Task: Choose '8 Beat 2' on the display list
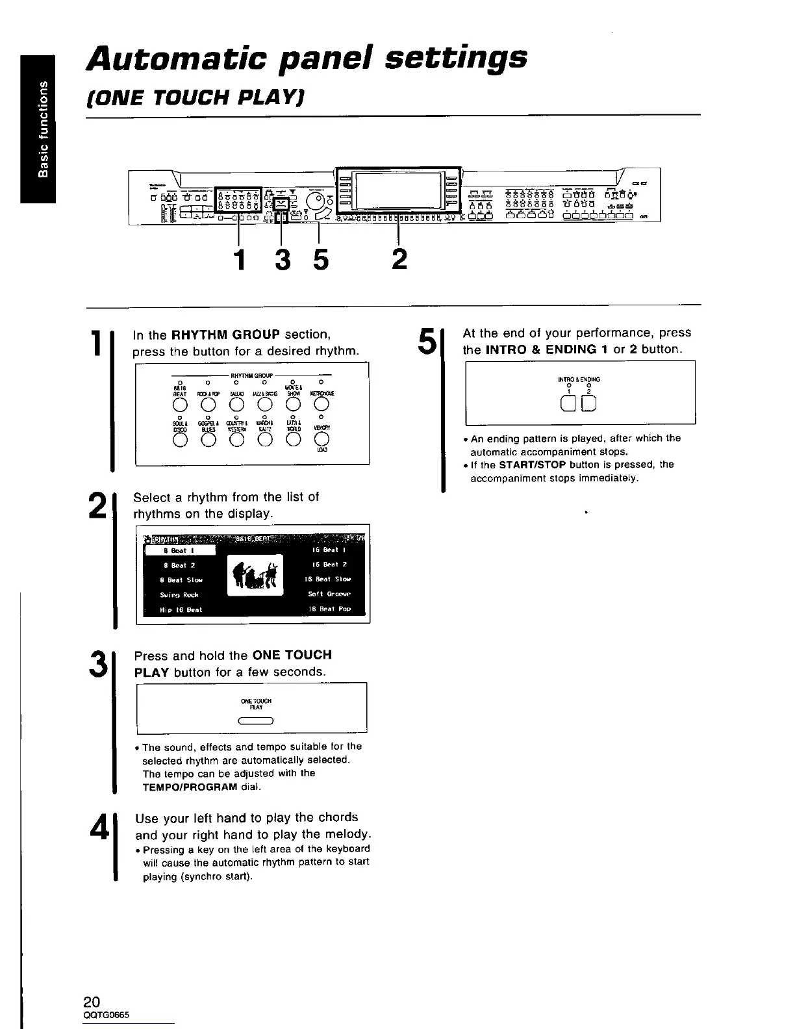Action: [179, 565]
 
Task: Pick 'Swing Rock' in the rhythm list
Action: [179, 594]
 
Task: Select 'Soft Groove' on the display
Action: [329, 594]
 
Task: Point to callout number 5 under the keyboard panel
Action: [320, 260]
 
